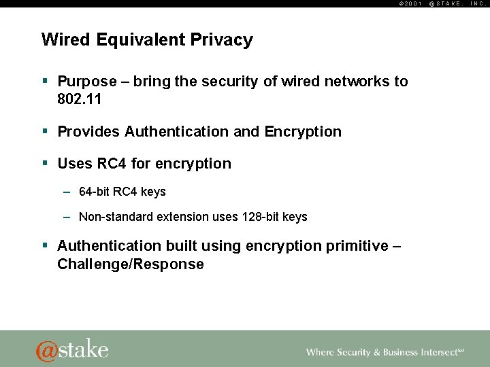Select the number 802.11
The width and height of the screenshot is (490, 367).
[79, 99]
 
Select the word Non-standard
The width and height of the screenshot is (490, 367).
[112, 217]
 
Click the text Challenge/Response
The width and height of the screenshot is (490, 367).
[131, 264]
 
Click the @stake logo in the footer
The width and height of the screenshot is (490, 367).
[72, 349]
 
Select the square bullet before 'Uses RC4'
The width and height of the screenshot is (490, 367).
[45, 163]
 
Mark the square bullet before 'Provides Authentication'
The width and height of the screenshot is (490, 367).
[45, 131]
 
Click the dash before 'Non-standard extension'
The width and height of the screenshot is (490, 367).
[67, 217]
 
